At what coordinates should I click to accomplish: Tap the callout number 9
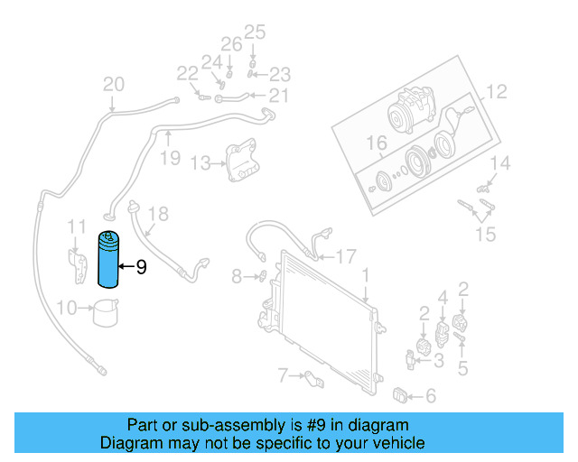(x=140, y=267)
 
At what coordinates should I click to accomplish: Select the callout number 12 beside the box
(x=497, y=91)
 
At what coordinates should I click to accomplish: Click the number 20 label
(x=113, y=85)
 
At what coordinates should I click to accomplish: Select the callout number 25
(x=255, y=33)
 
